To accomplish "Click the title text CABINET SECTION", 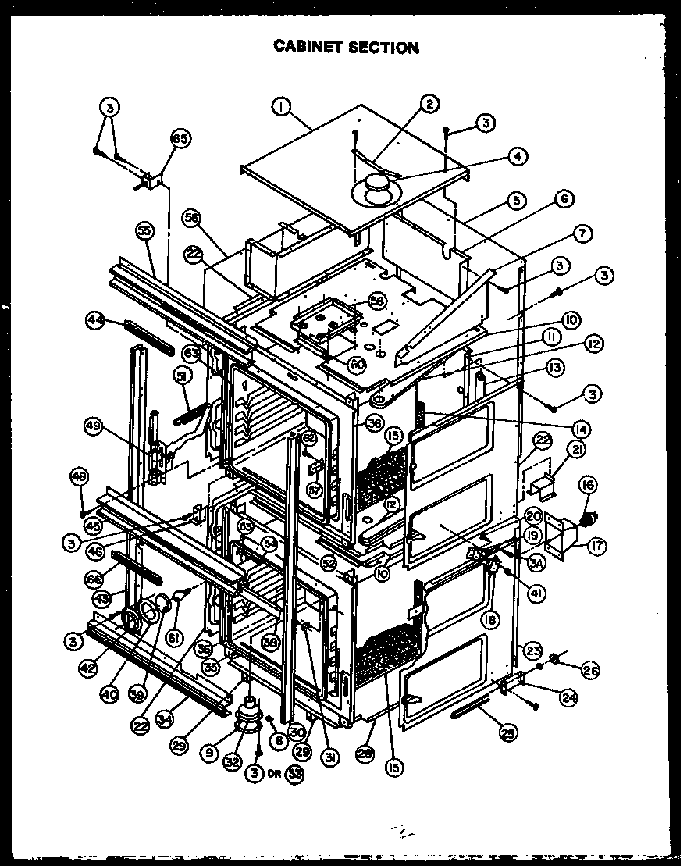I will pos(346,48).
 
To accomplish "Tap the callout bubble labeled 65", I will pos(180,140).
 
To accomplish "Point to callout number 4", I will pos(516,155).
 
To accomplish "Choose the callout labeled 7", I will pos(582,233).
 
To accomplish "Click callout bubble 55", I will pos(144,230).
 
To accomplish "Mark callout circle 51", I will pos(182,376).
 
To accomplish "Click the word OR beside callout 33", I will pos(275,774).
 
